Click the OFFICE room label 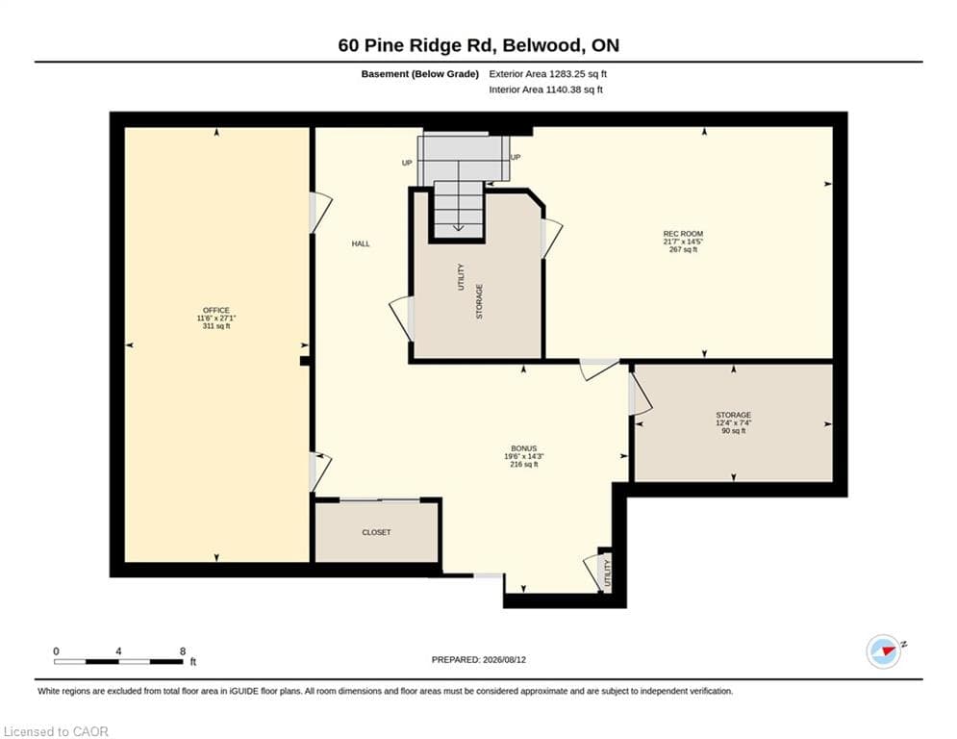(216, 310)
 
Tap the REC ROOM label (683, 234)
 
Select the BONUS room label (523, 448)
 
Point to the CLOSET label (376, 532)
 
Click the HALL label (361, 243)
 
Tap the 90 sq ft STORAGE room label (733, 416)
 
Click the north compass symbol (884, 651)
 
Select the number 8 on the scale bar (183, 651)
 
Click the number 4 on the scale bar (118, 651)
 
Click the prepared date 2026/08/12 (504, 659)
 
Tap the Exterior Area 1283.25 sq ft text (547, 74)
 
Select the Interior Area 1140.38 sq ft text (545, 89)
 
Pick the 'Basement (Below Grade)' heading (420, 74)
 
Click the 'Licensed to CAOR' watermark (56, 731)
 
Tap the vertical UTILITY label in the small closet (607, 573)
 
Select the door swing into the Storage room (640, 395)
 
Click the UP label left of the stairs (407, 163)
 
